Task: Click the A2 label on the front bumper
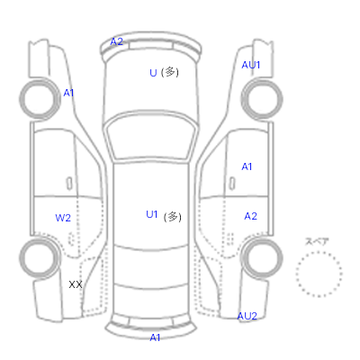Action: coord(117,41)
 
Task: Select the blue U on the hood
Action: coord(153,73)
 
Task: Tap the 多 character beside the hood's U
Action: coord(170,72)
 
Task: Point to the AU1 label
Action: coord(251,65)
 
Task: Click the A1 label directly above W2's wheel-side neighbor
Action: coord(68,93)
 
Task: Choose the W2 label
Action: coord(63,218)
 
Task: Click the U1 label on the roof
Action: coord(152,214)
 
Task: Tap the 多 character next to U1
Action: coord(173,217)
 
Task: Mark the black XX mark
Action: coord(76,284)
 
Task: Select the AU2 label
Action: coord(247,316)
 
